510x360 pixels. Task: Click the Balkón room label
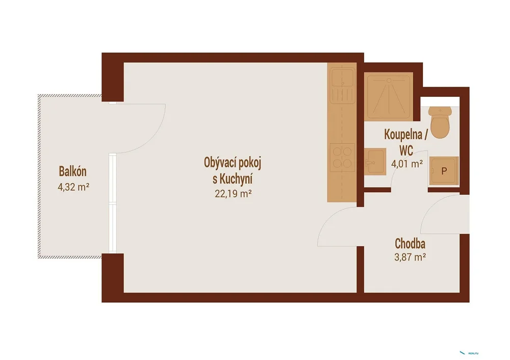point(72,171)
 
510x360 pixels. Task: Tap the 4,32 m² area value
point(73,187)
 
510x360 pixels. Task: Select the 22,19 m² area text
point(233,194)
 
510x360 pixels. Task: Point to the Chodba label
point(410,244)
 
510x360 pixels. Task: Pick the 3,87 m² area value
point(410,257)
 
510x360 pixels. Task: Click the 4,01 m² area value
point(407,164)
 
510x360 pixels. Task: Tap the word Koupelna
point(403,135)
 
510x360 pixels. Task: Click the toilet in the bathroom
point(440,122)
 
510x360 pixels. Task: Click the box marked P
point(444,171)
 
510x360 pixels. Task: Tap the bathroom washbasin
point(375,162)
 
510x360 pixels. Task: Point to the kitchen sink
point(342,86)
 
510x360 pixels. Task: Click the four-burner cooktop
point(342,158)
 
